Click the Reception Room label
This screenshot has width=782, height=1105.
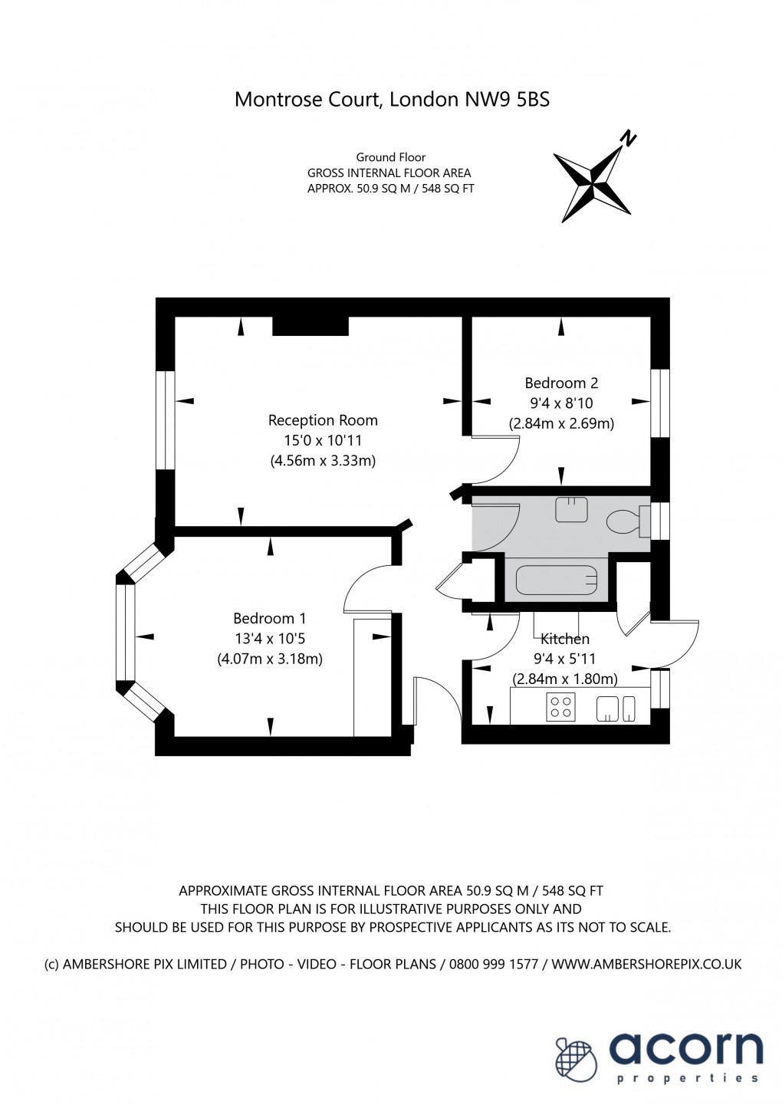click(x=323, y=420)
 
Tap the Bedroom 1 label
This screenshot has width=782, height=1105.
click(x=269, y=618)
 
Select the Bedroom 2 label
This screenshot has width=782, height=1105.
click(x=561, y=383)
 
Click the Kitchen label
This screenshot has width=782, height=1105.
click(x=565, y=639)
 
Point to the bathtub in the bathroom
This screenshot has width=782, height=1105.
click(x=557, y=580)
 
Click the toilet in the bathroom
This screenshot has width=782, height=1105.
click(x=624, y=523)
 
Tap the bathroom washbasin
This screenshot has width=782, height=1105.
click(x=571, y=510)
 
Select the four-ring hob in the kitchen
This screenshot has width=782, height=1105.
click(x=560, y=707)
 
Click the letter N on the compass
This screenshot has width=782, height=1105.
click(x=628, y=139)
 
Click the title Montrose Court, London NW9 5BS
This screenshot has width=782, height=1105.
click(x=392, y=99)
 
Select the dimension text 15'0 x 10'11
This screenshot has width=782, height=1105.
click(x=323, y=440)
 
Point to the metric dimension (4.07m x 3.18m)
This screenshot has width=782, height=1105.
click(x=270, y=658)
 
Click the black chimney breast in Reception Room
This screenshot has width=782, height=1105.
click(x=310, y=326)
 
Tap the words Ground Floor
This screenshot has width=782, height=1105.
click(x=390, y=157)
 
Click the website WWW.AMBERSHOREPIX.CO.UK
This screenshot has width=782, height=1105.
click(x=646, y=964)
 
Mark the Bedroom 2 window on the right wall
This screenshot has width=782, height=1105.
click(x=660, y=403)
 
